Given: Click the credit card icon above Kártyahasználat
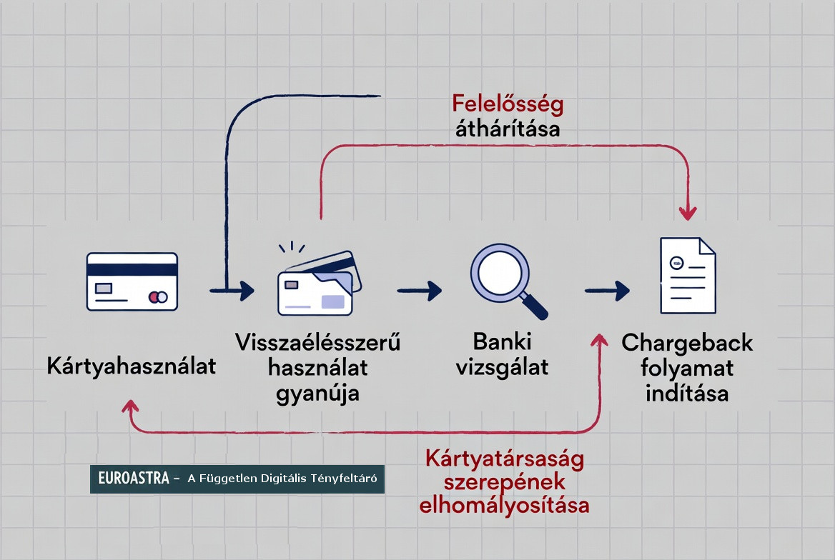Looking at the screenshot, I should pos(132,281).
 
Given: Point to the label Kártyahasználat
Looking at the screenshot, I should pos(132,366).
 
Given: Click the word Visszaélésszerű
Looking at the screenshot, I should pos(317,343).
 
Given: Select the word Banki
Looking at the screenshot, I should pos(502,341).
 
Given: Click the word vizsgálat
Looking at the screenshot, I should pos(502,367).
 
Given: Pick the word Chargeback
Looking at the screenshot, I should pos(687,343).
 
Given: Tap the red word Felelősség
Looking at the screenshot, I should pos(508,104).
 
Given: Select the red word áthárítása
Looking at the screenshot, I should pos(508,130).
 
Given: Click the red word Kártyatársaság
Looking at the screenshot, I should pos(505,457).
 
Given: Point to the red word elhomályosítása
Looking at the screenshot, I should pos(505,505).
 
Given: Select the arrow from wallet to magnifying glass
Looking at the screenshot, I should pos(420,290).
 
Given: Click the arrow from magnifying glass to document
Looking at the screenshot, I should pos(607,290).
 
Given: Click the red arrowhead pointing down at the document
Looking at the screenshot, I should pos(688,212).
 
